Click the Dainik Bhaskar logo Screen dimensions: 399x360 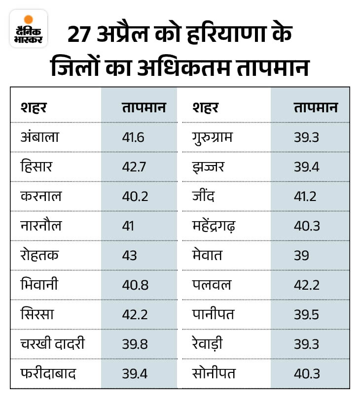[28, 28]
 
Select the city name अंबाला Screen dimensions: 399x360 [39, 136]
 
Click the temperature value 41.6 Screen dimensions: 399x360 [133, 137]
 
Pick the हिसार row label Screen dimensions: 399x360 [36, 166]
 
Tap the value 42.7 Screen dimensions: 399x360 [134, 166]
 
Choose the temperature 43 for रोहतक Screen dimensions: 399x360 [129, 255]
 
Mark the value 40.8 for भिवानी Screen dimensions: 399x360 [134, 285]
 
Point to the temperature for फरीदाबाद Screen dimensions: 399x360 [134, 373]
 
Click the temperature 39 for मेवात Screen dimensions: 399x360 [301, 255]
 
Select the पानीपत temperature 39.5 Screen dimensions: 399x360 [306, 314]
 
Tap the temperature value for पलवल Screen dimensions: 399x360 [306, 285]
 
